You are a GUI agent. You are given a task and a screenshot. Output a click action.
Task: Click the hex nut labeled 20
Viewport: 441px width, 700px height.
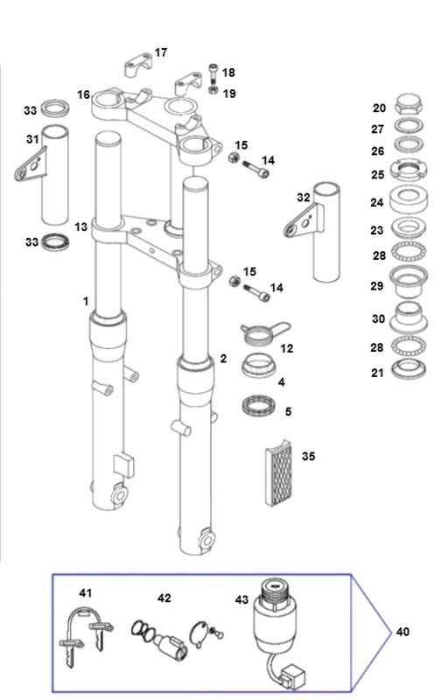pyautogui.click(x=408, y=104)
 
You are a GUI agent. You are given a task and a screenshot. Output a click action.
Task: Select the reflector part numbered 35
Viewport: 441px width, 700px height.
pyautogui.click(x=278, y=472)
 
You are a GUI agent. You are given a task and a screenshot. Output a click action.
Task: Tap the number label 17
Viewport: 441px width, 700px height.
pyautogui.click(x=161, y=52)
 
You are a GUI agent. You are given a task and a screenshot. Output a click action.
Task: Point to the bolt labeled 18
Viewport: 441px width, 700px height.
pyautogui.click(x=213, y=73)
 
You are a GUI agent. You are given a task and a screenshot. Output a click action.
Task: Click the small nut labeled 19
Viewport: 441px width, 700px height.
pyautogui.click(x=213, y=91)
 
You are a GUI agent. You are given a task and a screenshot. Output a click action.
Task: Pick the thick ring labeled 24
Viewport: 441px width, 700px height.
pyautogui.click(x=408, y=199)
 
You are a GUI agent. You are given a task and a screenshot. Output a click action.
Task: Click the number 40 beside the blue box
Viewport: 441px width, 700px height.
pyautogui.click(x=402, y=632)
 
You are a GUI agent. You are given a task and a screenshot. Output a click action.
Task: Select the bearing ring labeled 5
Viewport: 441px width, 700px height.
pyautogui.click(x=258, y=405)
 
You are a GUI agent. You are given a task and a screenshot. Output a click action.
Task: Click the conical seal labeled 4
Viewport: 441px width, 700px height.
pyautogui.click(x=259, y=367)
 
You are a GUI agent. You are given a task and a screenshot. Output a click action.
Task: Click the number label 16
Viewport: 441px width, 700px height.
pyautogui.click(x=83, y=95)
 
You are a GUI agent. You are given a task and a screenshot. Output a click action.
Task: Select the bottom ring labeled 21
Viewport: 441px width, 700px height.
pyautogui.click(x=409, y=369)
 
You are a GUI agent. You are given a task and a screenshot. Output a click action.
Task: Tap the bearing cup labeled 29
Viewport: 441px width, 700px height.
pyautogui.click(x=408, y=281)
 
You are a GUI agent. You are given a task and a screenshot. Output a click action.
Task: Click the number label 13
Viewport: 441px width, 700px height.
pyautogui.click(x=80, y=227)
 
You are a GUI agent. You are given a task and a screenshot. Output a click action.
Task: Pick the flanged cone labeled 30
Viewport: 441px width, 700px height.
pyautogui.click(x=409, y=318)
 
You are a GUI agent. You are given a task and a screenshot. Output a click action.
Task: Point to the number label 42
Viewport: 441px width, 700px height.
pyautogui.click(x=164, y=598)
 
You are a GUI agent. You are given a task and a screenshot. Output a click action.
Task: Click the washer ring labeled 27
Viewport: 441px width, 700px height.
pyautogui.click(x=409, y=127)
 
